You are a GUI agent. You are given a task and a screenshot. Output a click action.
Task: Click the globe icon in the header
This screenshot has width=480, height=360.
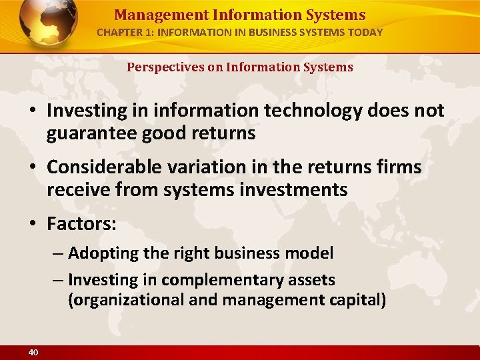point(48,22)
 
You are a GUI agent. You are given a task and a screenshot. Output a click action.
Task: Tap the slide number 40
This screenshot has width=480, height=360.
point(33,352)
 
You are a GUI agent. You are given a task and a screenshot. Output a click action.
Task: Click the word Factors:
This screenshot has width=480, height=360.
point(81,224)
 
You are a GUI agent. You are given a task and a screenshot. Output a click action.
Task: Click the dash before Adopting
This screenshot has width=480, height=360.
point(57,254)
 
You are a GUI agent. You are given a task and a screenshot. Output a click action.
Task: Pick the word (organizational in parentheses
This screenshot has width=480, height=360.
point(127,300)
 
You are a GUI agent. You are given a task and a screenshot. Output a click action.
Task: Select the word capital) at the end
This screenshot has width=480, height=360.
point(357,300)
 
